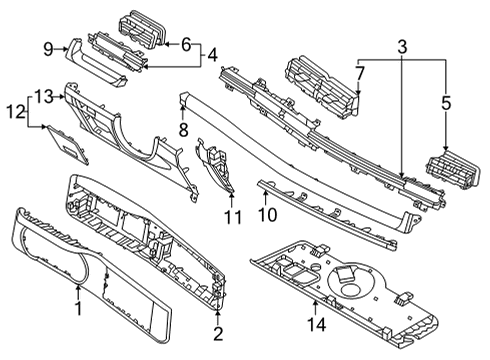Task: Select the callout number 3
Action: (403, 47)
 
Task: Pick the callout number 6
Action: (186, 43)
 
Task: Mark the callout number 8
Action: (183, 130)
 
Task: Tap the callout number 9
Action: (48, 47)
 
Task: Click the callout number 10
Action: (267, 213)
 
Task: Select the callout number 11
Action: (232, 217)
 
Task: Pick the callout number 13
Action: (44, 95)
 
